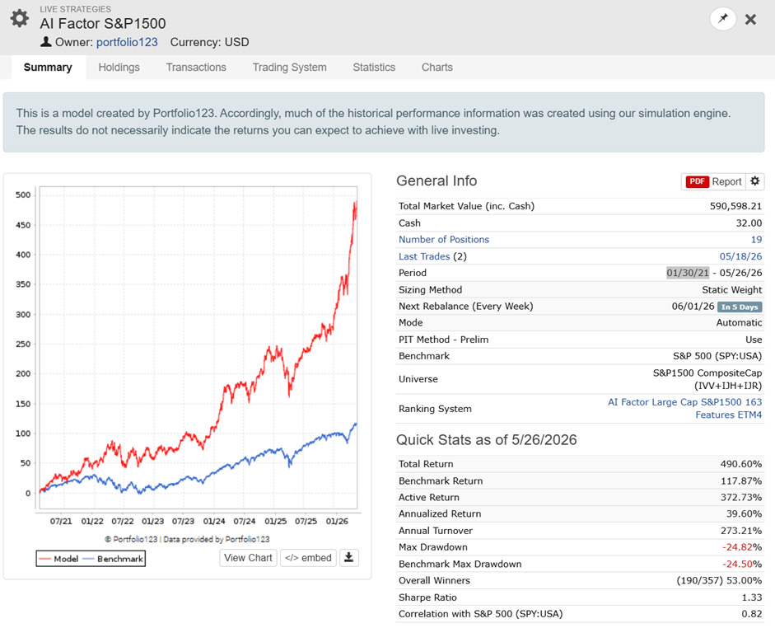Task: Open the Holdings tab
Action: (x=119, y=68)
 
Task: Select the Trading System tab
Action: (x=289, y=68)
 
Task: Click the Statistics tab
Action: (x=374, y=68)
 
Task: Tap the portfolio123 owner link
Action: (x=127, y=42)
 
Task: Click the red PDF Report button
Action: (x=713, y=181)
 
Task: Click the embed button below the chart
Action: (x=308, y=558)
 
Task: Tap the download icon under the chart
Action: (x=348, y=558)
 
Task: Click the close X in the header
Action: (x=750, y=19)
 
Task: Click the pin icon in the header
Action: (x=723, y=19)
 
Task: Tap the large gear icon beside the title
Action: (x=19, y=18)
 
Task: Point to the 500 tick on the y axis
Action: (x=23, y=194)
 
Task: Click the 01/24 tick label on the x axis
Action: (x=214, y=521)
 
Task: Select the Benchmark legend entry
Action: (x=113, y=559)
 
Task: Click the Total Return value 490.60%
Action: (x=741, y=464)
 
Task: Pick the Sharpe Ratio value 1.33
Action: (x=752, y=598)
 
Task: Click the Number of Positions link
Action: (x=444, y=239)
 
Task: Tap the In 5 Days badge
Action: (x=740, y=307)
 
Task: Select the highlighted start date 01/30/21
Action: (x=688, y=273)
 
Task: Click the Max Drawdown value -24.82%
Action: (x=742, y=547)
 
